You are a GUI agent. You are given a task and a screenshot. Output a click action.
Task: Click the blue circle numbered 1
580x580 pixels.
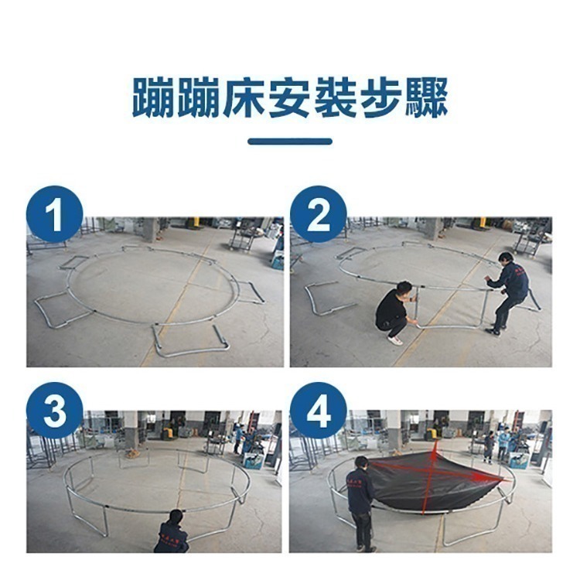(54, 214)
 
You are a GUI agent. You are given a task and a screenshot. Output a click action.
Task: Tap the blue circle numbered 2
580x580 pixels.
(318, 214)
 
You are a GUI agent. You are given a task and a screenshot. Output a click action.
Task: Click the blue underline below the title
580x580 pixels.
(290, 142)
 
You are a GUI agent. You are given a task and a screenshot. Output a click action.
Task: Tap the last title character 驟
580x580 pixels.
(427, 97)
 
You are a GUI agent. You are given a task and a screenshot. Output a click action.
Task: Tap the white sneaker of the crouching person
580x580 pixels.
(396, 339)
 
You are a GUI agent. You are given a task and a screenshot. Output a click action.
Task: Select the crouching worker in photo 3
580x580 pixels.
(172, 534)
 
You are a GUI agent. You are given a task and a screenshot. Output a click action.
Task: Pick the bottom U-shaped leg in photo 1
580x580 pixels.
(189, 340)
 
